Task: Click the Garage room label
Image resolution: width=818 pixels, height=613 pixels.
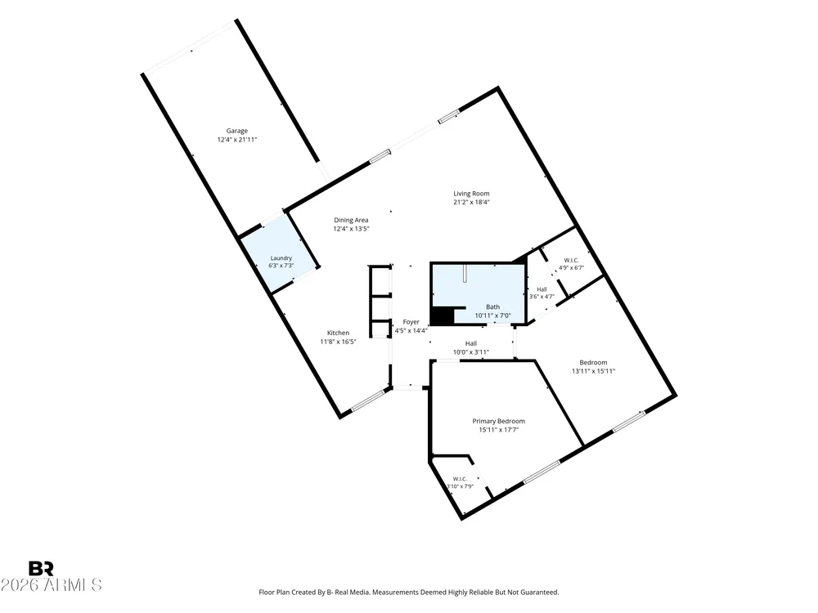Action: click(237, 131)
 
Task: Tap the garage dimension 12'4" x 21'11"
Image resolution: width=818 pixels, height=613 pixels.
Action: click(237, 140)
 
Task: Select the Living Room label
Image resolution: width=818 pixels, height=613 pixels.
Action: click(471, 194)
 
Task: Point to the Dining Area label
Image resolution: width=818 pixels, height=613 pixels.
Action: click(351, 220)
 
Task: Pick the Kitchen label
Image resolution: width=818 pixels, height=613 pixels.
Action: click(338, 333)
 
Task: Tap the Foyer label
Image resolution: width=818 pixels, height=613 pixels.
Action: click(411, 322)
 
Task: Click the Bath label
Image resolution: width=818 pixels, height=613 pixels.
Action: click(493, 307)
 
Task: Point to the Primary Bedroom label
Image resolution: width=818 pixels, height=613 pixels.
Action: click(499, 421)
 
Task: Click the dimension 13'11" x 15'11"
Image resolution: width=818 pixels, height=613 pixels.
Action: click(594, 371)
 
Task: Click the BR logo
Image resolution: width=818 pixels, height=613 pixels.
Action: click(41, 568)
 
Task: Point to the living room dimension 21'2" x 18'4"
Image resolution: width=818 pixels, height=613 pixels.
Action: click(472, 202)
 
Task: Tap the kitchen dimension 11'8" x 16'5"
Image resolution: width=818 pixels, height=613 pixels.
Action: click(338, 342)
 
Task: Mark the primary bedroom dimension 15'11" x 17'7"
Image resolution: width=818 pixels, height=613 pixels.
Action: click(499, 430)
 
